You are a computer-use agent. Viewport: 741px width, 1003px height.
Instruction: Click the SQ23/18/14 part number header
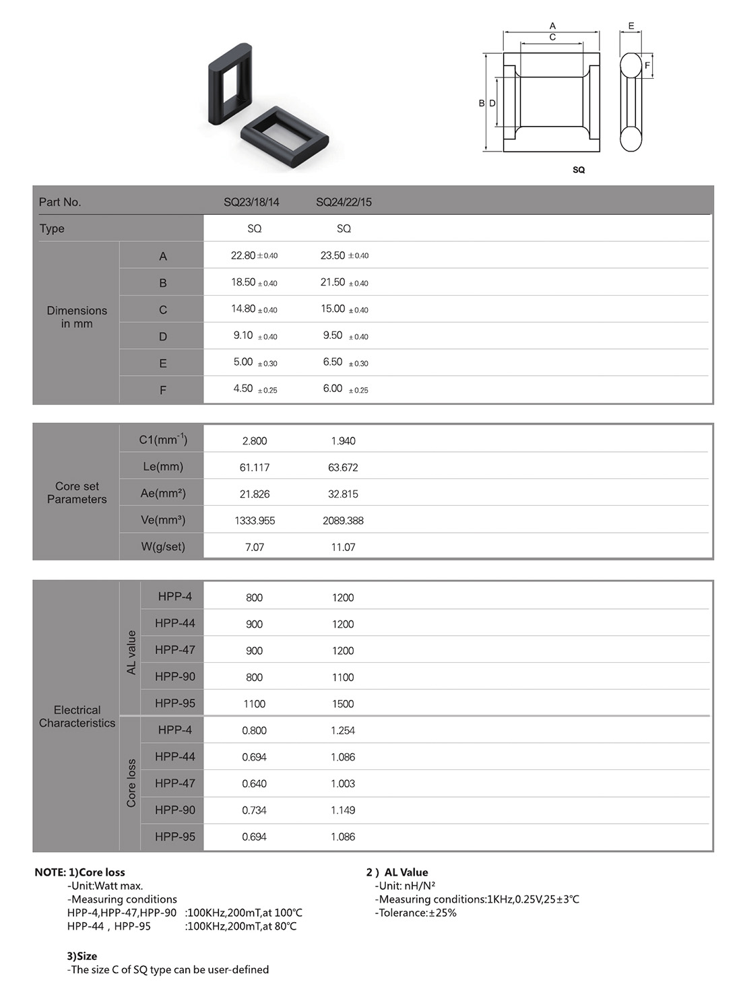(251, 202)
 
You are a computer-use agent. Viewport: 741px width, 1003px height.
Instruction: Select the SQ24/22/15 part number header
(344, 202)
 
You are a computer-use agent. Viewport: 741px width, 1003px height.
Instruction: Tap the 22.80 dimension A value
(243, 255)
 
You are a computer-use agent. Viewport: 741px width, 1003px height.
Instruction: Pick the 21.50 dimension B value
(333, 282)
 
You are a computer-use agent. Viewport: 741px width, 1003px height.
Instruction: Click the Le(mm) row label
(162, 466)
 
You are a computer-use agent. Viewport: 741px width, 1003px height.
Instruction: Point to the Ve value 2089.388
(343, 521)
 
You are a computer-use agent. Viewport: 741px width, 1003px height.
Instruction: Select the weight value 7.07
(255, 547)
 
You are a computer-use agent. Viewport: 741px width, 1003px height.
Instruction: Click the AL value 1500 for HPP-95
(343, 704)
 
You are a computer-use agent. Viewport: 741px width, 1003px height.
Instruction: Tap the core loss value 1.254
(343, 730)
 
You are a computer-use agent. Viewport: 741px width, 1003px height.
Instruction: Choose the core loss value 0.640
(255, 783)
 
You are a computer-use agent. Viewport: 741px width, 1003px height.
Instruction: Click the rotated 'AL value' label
(131, 652)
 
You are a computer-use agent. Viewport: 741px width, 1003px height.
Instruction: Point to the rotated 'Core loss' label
(131, 783)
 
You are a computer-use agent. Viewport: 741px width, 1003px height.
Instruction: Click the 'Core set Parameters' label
(77, 492)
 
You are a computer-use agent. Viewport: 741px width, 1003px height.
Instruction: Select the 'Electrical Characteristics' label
(77, 716)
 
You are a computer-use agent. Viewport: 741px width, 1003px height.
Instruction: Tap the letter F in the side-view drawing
(647, 65)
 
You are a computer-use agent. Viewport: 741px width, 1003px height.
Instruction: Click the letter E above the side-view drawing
(631, 26)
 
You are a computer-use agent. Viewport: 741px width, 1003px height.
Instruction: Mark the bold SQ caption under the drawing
(579, 170)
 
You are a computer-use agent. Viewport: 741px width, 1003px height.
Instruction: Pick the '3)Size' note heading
(82, 956)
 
